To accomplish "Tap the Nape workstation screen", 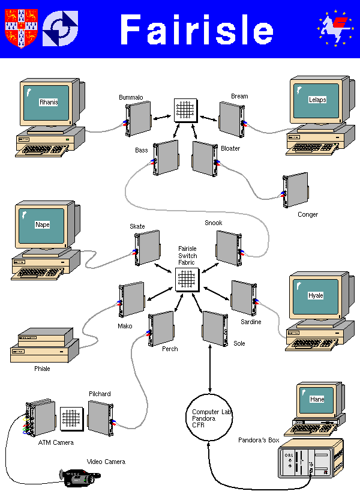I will [x=43, y=225].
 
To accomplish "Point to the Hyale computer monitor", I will [x=315, y=297].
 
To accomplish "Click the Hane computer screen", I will [x=316, y=399].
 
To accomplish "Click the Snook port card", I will [x=228, y=248].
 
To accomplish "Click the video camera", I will [x=80, y=477].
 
